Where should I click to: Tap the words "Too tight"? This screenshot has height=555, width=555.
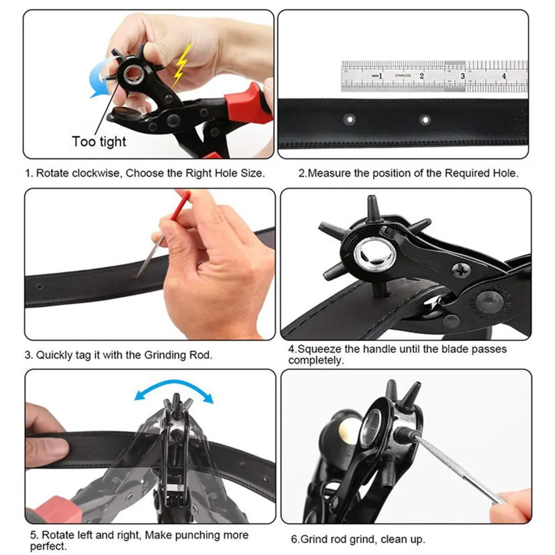click(x=99, y=142)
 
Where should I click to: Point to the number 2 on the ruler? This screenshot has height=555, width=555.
click(x=421, y=76)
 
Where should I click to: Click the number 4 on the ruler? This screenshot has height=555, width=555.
click(x=504, y=76)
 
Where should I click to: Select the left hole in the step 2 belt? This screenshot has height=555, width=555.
click(x=348, y=118)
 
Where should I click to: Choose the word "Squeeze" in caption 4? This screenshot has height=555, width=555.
click(x=318, y=349)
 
